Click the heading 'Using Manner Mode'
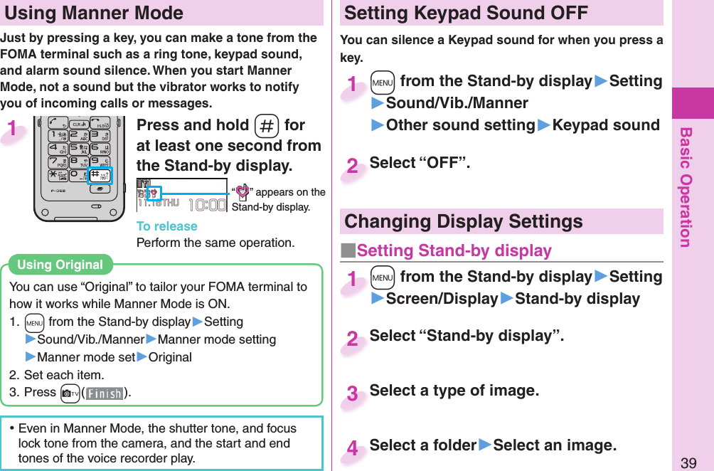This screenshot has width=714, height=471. click(94, 13)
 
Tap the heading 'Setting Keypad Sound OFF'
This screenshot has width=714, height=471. click(466, 13)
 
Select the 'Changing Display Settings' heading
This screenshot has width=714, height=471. click(464, 221)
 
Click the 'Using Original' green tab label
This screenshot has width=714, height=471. click(60, 265)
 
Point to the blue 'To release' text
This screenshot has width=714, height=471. click(166, 226)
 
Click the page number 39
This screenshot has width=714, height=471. click(688, 462)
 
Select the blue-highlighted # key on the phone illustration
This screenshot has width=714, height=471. click(99, 175)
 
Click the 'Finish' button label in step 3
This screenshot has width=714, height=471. click(104, 393)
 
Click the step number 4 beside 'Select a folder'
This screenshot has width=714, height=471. click(352, 448)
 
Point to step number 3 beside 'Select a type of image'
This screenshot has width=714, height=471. click(352, 393)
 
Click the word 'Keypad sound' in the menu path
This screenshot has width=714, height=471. click(606, 125)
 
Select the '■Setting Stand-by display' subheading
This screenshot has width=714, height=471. click(447, 250)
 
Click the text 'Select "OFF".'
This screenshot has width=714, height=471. click(420, 163)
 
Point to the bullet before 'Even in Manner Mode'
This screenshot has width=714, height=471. click(13, 428)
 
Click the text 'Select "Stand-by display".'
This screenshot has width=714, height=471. click(467, 336)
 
